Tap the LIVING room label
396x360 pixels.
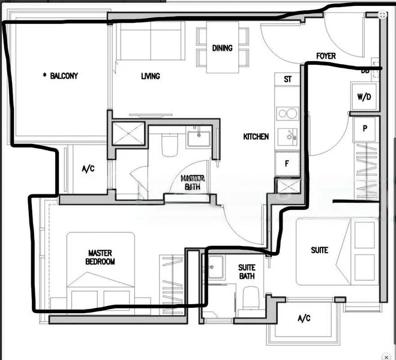151,76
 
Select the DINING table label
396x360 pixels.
222,49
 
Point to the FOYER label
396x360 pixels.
326,56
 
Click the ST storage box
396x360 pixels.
287,79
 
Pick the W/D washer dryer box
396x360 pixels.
364,96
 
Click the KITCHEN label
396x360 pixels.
256,137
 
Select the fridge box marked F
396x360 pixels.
286,163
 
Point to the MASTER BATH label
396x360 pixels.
193,182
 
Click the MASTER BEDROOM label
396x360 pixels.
101,257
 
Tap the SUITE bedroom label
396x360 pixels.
319,250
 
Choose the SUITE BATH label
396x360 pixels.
247,272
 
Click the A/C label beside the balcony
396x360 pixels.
88,169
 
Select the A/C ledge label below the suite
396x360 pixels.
304,319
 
